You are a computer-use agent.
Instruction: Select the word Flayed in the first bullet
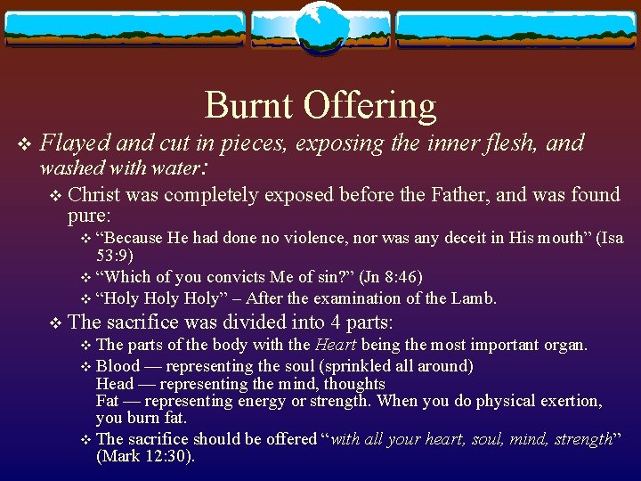(75, 143)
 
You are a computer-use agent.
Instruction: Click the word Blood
(118, 366)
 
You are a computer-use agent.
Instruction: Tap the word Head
(114, 384)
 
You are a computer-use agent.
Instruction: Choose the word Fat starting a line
(108, 402)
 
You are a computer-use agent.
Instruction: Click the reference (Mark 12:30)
(145, 456)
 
